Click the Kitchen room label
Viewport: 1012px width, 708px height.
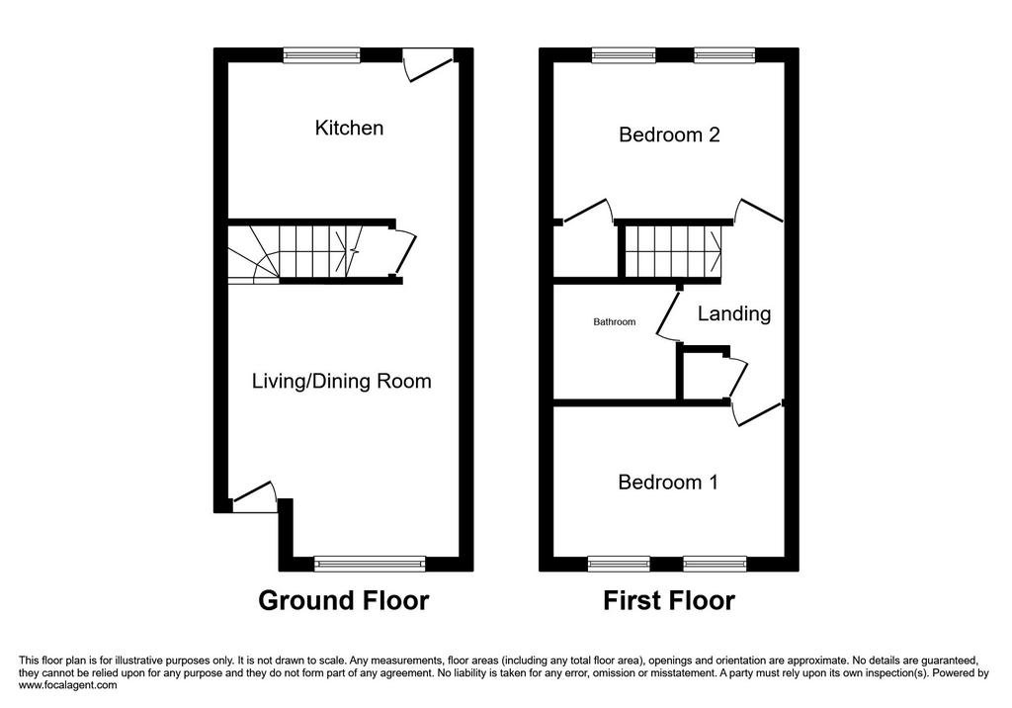[349, 128]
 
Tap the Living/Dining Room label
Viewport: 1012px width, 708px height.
[341, 381]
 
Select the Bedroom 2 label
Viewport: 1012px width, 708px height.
[669, 134]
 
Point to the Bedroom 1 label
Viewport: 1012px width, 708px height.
[668, 482]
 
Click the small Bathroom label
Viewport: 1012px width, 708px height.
[615, 321]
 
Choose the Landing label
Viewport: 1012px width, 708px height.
[734, 313]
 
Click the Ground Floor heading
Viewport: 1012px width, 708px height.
[343, 601]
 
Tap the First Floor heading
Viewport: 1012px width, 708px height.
[669, 601]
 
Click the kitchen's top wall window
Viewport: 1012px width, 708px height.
[321, 55]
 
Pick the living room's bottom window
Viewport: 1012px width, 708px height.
[370, 564]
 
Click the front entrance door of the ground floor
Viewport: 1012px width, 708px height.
[254, 496]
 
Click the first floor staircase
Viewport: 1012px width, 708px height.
[671, 250]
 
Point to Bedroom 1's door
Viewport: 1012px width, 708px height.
[758, 414]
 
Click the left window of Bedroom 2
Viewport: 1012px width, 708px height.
[625, 55]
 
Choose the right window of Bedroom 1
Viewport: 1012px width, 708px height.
[716, 564]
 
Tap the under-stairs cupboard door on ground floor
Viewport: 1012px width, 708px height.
[405, 252]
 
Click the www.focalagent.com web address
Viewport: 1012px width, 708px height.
[68, 685]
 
